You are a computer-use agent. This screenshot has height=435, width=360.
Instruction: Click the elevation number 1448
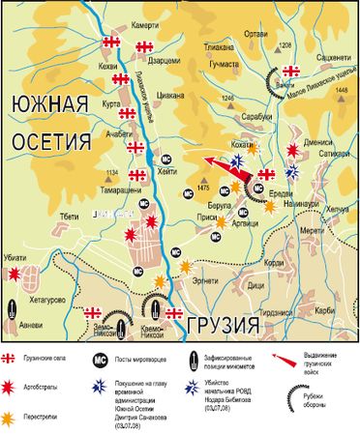340,90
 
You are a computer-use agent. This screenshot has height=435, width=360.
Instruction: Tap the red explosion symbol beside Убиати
15,274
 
